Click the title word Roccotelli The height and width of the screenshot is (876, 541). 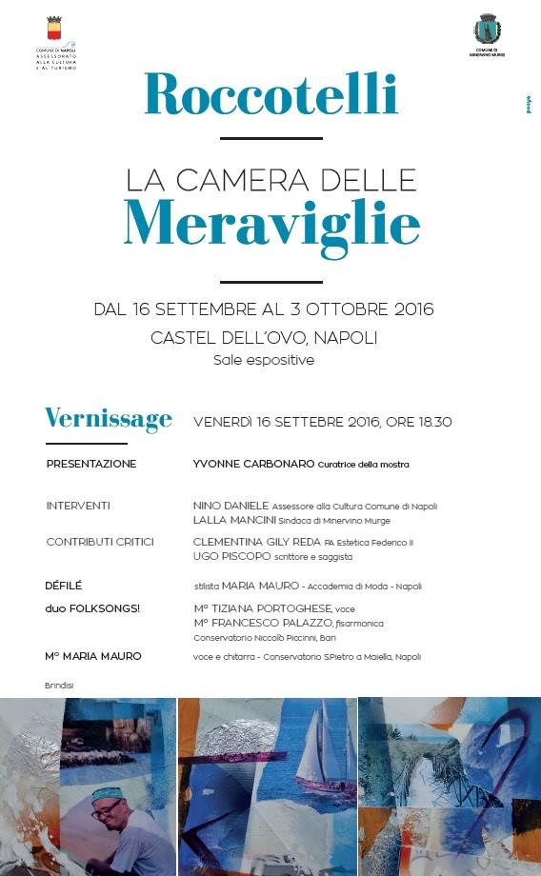(270, 93)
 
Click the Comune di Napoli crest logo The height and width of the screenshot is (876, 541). (52, 30)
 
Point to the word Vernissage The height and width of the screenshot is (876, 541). (109, 419)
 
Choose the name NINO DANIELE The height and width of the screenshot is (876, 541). (231, 506)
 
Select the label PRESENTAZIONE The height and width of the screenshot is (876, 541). (91, 464)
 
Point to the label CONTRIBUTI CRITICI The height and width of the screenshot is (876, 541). (100, 542)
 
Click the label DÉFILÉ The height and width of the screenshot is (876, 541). (64, 586)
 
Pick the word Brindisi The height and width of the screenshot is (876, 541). (59, 685)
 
